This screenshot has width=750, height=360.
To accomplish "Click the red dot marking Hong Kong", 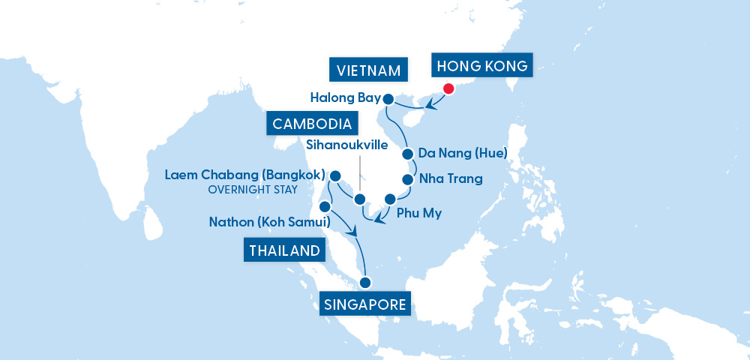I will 448,88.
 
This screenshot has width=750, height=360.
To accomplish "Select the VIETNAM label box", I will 367,70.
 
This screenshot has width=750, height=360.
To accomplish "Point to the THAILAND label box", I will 284,250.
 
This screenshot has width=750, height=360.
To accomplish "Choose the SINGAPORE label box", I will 366,304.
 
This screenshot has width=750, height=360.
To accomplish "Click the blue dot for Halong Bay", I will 388,98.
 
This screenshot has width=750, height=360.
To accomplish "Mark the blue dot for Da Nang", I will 408,154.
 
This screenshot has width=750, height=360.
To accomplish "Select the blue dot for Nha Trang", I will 408,179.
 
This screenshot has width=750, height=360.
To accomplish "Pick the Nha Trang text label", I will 450,179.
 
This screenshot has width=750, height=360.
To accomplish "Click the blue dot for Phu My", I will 390,199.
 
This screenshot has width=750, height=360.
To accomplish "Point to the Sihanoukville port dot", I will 359,199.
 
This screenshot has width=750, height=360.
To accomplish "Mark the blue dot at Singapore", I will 365,283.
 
